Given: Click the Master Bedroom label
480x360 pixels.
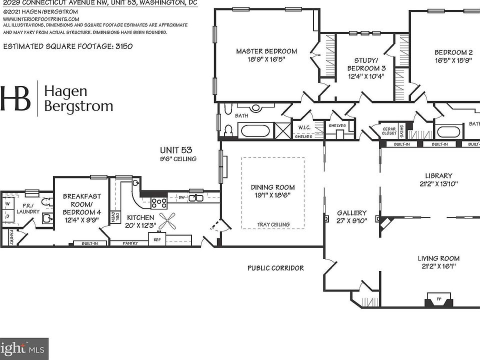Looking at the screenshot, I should click(266, 51).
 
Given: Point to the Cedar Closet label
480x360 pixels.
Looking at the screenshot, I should click(389, 131).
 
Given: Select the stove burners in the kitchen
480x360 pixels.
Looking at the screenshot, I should click(159, 202).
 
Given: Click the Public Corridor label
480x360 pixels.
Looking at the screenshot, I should click(275, 268).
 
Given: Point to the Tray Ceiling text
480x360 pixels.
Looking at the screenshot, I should click(273, 224).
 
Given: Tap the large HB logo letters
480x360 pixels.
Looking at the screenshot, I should click(16, 98).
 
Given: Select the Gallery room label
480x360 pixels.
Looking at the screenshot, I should click(351, 212).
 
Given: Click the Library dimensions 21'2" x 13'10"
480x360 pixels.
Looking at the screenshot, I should click(438, 183).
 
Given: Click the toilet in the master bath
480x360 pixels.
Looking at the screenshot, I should click(228, 130).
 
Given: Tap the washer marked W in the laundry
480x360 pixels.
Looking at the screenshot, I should click(8, 204).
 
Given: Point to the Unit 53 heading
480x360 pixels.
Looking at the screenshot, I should click(176, 149).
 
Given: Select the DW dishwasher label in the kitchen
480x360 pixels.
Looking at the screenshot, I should click(182, 198).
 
